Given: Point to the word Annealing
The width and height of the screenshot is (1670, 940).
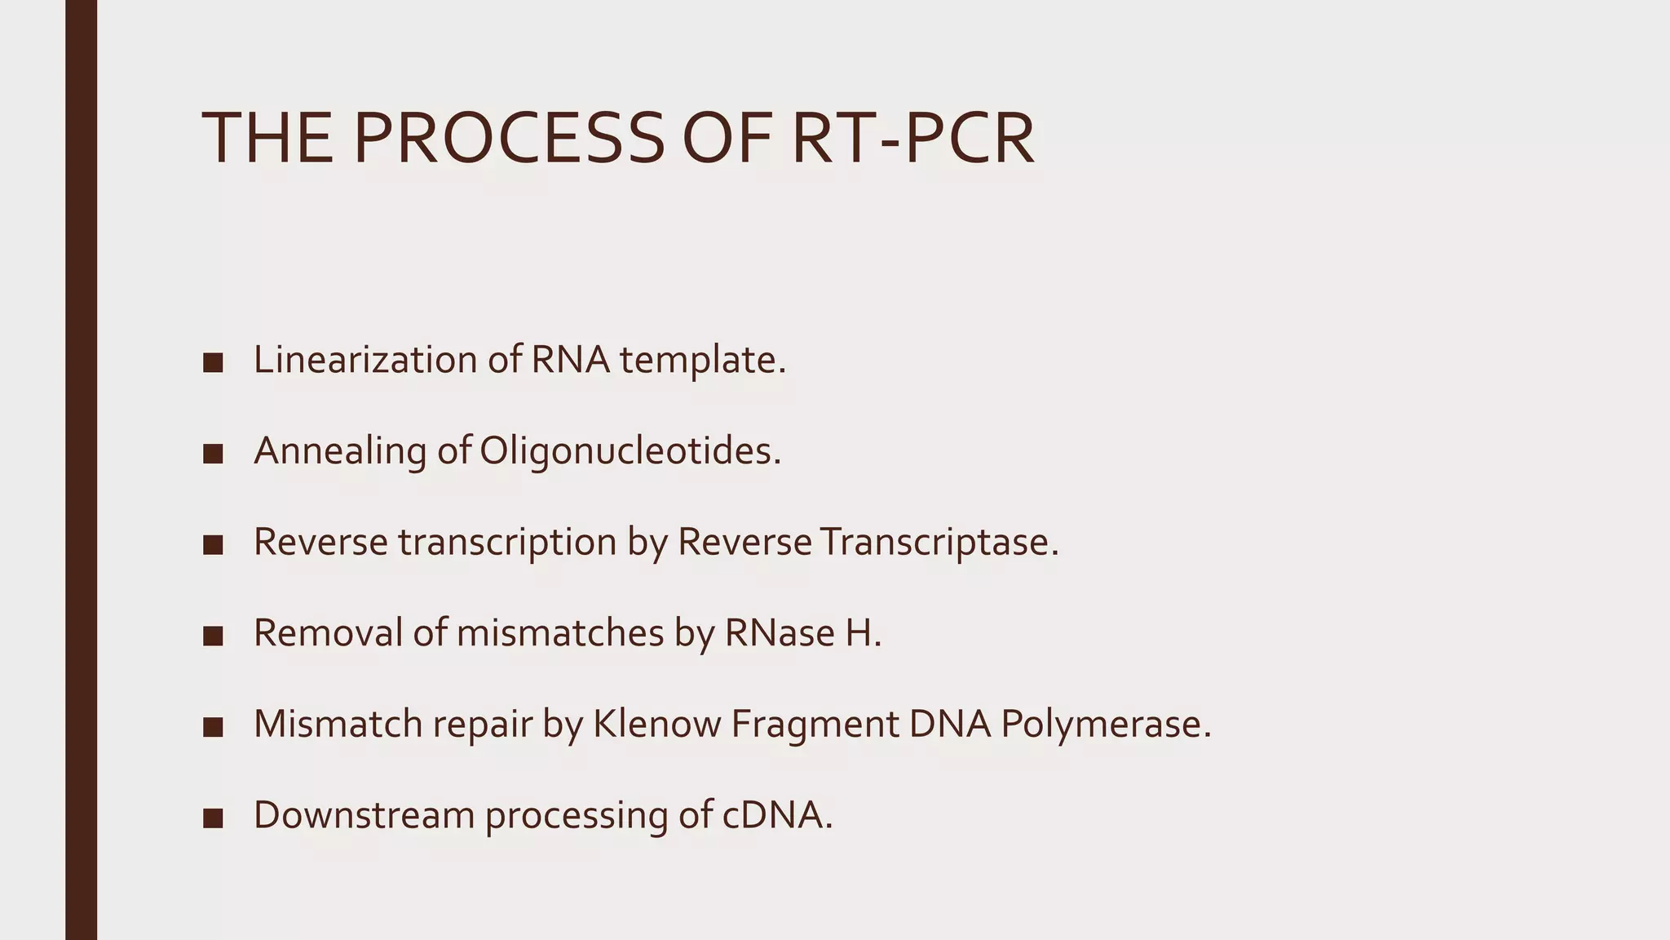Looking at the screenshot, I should coord(340,451).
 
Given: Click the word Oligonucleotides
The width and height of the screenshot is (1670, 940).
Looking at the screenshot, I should coord(630,451).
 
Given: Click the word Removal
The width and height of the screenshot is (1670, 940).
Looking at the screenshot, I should coord(327,633).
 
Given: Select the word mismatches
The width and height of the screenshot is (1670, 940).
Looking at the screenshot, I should coord(560,633).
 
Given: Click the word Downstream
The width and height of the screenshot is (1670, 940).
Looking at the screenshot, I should coord(364,815).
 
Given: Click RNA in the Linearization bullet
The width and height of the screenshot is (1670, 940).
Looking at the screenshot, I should coord(570,360).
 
